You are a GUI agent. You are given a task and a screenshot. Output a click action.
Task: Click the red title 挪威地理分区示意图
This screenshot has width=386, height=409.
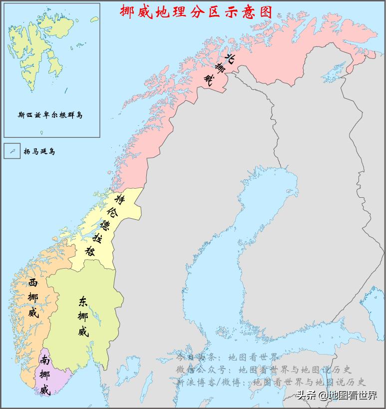click(x=196, y=10)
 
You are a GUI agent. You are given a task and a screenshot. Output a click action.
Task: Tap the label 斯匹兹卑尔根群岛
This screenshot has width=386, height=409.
click(x=50, y=115)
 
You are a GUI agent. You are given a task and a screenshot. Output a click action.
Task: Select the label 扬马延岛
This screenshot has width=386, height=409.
click(x=39, y=151)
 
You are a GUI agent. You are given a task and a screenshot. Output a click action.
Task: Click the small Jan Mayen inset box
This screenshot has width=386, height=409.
click(x=12, y=151)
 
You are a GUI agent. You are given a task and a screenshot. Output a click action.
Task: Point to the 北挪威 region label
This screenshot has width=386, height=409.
click(x=219, y=69)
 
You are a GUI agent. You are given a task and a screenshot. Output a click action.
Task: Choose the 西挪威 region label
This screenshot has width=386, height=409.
click(x=33, y=298)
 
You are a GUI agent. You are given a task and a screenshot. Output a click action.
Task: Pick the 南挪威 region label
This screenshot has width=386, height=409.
click(x=45, y=375)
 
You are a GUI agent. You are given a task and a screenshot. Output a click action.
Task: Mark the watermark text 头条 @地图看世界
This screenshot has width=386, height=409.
click(x=337, y=396)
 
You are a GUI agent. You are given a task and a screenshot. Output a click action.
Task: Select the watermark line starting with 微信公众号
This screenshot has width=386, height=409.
click(x=264, y=370)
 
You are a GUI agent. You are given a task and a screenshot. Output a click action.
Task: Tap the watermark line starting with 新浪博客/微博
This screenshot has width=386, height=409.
click(x=272, y=383)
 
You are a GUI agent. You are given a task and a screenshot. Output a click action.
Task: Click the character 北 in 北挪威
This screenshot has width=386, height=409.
click(x=229, y=58)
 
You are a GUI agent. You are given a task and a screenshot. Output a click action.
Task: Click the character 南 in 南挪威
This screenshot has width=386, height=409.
click(x=45, y=360)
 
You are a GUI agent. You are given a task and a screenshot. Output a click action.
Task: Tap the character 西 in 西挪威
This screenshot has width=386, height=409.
click(x=33, y=283)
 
